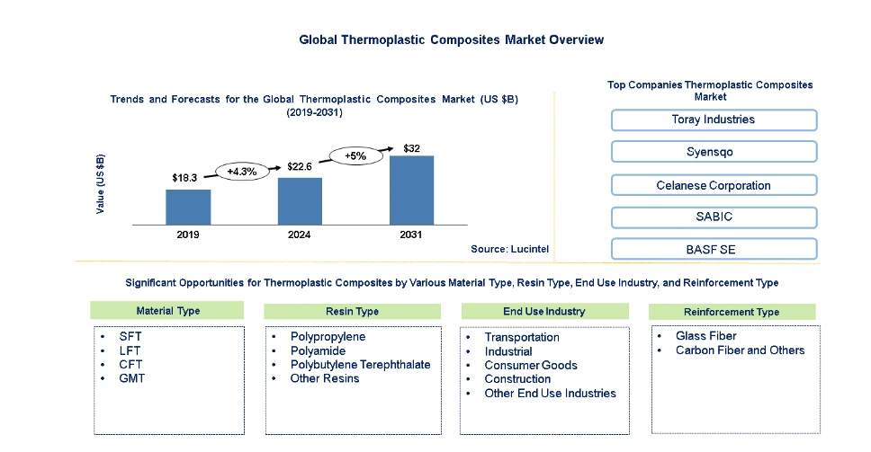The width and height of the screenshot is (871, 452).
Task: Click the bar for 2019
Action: (188, 206)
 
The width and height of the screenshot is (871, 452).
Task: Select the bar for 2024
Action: (300, 200)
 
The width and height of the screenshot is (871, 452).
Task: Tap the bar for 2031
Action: (411, 190)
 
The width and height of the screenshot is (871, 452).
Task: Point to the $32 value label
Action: (412, 147)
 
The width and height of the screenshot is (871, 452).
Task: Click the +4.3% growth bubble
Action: (244, 171)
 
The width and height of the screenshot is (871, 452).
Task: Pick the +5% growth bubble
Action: (355, 155)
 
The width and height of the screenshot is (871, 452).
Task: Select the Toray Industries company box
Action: (714, 120)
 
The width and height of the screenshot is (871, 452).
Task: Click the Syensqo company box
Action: (714, 152)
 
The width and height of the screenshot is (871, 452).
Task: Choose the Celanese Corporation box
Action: (714, 185)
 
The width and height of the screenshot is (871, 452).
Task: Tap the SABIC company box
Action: (714, 217)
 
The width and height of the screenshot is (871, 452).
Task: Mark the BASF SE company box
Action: (714, 249)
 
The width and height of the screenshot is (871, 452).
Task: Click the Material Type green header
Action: (166, 311)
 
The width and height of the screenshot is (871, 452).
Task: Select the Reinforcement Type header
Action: (732, 312)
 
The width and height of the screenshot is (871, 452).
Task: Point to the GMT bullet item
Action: (130, 378)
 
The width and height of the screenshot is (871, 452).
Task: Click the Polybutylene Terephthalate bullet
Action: (360, 365)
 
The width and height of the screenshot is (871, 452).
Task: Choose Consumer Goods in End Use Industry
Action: (531, 366)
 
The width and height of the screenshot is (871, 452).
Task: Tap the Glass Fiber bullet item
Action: (706, 337)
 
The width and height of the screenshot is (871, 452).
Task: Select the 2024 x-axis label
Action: (300, 235)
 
